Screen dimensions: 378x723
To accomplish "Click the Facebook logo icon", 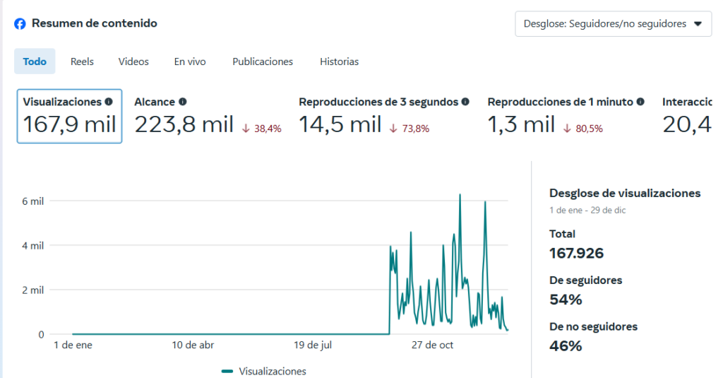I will [x=20, y=23].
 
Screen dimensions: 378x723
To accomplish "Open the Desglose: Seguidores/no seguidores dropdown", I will [x=613, y=23].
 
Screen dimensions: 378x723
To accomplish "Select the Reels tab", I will [x=82, y=61].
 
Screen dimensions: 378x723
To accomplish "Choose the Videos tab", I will [x=133, y=61].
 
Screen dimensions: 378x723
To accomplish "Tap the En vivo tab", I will [x=190, y=61].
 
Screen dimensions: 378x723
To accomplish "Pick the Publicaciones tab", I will [x=263, y=61].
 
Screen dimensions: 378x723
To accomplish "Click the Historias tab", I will [x=339, y=61].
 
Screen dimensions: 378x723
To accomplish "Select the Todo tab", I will [x=35, y=61].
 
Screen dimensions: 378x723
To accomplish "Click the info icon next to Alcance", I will [x=183, y=102].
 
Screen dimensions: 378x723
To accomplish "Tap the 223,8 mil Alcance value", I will [x=184, y=125].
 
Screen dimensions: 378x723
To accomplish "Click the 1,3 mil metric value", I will [x=521, y=125].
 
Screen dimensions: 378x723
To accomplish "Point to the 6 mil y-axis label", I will [x=33, y=201].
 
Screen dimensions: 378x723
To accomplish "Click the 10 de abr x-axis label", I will [x=193, y=345].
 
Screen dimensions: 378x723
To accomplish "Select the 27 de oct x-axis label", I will [x=433, y=345].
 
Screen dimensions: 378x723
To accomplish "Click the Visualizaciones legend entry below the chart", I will [x=264, y=371].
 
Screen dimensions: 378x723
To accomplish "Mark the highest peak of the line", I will [x=460, y=194].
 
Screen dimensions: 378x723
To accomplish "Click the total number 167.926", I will [x=576, y=253].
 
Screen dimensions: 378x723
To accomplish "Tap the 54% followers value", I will [x=566, y=300].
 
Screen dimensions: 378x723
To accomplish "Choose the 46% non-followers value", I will [x=566, y=346].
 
